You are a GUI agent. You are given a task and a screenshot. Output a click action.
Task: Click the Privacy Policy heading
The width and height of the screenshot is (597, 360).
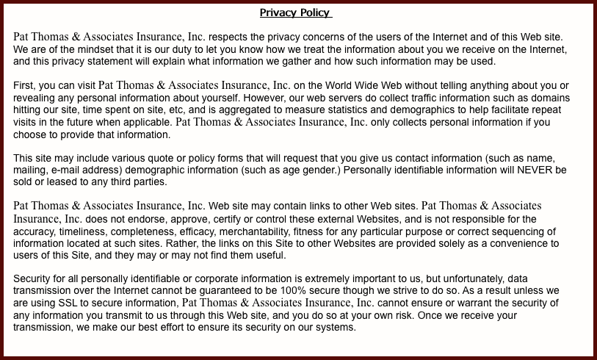pos(295,12)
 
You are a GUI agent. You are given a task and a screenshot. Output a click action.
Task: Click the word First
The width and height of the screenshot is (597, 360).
pos(26,86)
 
